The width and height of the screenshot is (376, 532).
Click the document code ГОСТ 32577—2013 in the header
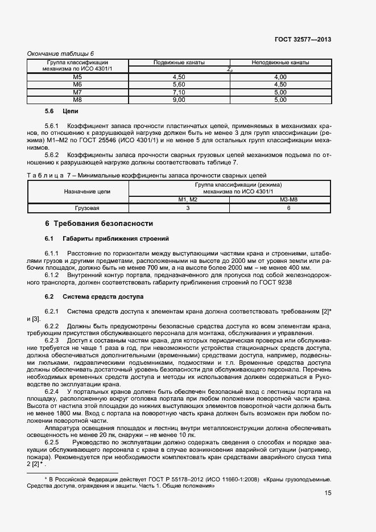[x=303, y=40]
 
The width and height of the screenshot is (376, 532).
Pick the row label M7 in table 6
[x=78, y=92]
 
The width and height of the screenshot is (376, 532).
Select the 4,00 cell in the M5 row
[x=280, y=77]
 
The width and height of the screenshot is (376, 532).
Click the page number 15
[x=328, y=493]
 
